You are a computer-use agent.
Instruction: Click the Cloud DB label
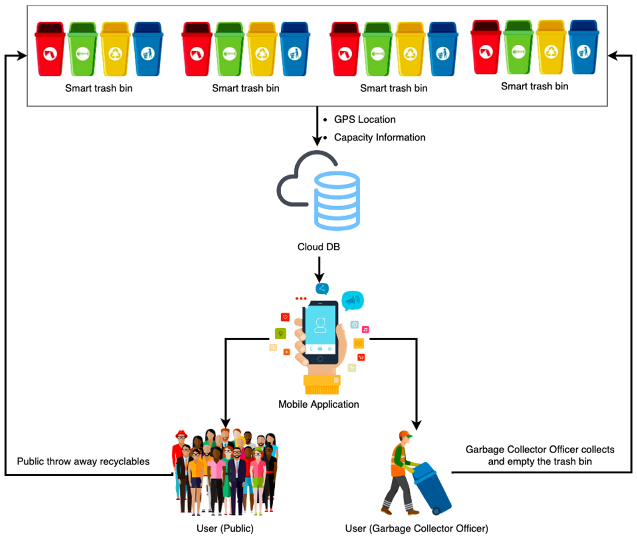click(318, 247)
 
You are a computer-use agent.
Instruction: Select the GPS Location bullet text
click(365, 119)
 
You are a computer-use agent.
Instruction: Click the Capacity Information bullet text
click(379, 137)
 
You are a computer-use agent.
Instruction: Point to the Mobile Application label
click(318, 404)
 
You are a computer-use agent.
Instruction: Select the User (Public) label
click(225, 528)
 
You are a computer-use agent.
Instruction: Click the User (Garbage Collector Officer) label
click(416, 528)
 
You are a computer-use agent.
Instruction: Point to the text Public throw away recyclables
click(83, 461)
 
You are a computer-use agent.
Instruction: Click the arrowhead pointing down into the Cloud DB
click(317, 141)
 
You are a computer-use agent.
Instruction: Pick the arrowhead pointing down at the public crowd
click(225, 423)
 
